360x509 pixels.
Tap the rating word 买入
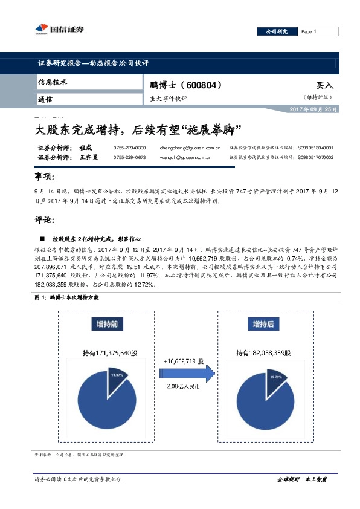pos(325,86)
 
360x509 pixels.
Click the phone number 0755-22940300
pos(129,148)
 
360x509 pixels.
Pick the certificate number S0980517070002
pos(315,158)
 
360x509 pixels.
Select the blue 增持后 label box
pos(262,324)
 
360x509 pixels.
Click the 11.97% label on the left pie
pos(116,375)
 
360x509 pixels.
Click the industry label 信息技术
pos(53,82)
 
